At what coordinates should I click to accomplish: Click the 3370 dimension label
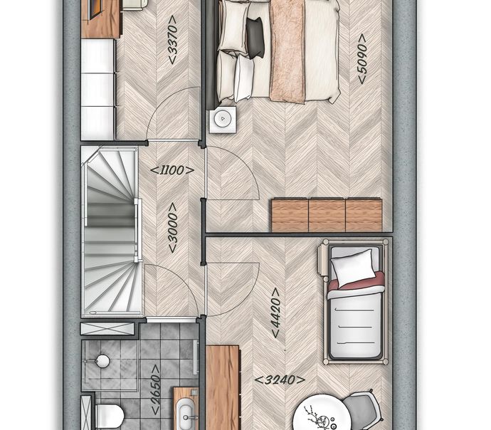tap(173, 40)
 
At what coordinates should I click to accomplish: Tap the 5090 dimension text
tap(362, 59)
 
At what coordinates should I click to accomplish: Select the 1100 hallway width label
tap(172, 171)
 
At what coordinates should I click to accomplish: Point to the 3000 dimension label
tap(172, 228)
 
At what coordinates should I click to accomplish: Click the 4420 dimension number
tap(275, 313)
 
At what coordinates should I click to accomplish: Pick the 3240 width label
tap(280, 380)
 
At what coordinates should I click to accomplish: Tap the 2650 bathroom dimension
tap(156, 389)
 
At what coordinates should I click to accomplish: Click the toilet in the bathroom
tap(110, 416)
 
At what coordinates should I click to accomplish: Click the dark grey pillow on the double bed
tap(255, 38)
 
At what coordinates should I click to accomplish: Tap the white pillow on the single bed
tap(353, 268)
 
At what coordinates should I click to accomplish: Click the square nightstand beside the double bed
tap(223, 120)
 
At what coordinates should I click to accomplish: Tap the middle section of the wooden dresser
tap(327, 216)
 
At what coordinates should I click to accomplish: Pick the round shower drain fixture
tap(102, 361)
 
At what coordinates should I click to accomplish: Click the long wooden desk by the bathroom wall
tap(223, 387)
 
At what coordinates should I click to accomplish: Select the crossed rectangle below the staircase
tap(107, 329)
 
